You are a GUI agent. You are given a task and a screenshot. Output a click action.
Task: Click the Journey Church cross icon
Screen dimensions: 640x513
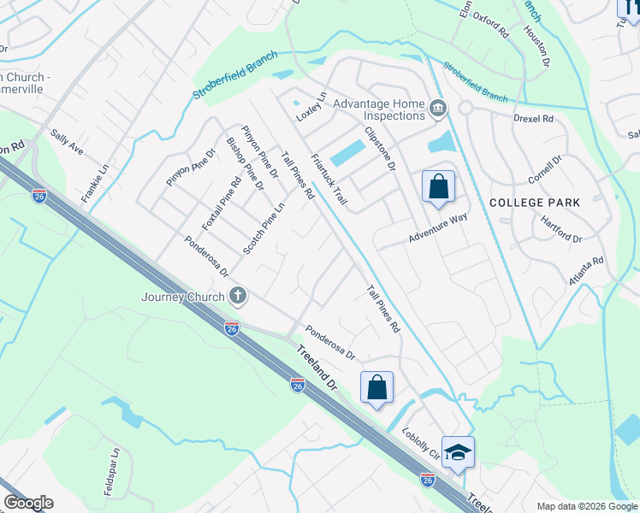239,297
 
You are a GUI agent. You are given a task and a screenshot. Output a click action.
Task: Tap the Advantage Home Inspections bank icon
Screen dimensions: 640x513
438,108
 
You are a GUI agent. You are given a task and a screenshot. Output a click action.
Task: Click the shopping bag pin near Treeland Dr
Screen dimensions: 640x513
376,388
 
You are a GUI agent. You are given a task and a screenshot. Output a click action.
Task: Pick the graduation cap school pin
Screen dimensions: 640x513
458,453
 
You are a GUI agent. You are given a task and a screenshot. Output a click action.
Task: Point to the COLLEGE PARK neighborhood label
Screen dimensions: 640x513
535,203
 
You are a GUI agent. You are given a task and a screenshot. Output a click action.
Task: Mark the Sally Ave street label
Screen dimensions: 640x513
67,141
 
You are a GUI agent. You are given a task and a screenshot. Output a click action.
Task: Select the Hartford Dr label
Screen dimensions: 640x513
561,227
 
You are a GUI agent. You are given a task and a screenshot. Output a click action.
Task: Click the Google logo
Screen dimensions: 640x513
28,503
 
